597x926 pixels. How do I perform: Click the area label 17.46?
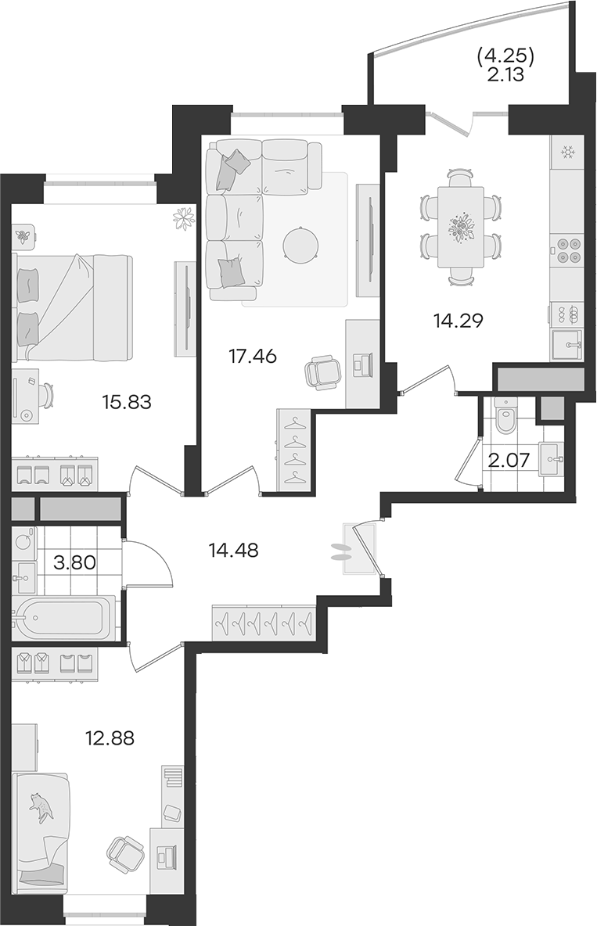point(253,357)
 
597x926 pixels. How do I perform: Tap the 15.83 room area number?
point(127,403)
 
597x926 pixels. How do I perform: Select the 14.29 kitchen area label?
point(458,321)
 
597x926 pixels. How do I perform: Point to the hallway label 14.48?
point(233,551)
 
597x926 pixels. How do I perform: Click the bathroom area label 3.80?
point(74,562)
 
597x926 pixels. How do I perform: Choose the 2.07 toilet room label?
point(509,459)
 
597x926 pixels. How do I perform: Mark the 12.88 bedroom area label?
point(110,738)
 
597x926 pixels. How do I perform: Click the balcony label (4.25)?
point(505,56)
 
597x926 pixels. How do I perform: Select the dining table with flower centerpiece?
point(460,228)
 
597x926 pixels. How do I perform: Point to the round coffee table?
point(301,246)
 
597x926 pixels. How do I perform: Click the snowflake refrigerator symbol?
point(568,153)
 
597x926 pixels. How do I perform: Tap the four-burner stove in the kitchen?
point(567,249)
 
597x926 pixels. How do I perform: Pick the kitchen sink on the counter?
point(567,345)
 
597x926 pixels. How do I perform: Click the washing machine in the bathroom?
point(23,543)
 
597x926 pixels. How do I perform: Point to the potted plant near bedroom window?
point(184,218)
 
